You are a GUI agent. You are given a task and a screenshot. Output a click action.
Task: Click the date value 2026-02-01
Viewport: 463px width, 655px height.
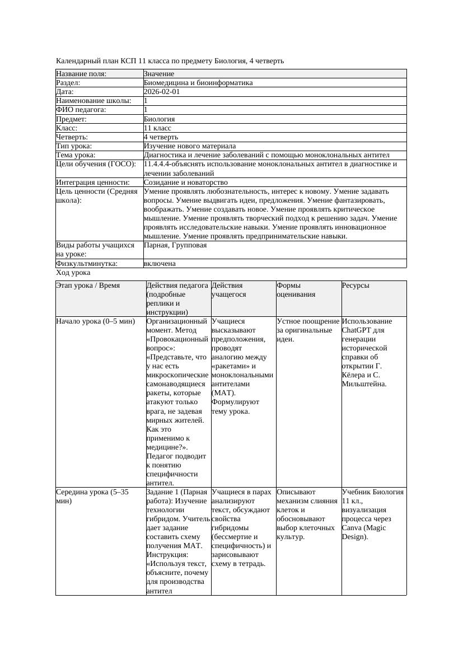tap(162, 92)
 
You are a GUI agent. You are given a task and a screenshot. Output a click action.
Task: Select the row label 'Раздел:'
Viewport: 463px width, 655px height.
tap(68, 83)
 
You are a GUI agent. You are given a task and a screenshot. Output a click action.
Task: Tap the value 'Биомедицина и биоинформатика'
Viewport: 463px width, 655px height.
tap(198, 83)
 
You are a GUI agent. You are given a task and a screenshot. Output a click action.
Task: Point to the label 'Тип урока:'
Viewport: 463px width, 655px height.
tap(74, 146)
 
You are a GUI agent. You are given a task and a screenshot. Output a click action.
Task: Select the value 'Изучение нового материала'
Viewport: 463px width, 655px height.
tap(189, 146)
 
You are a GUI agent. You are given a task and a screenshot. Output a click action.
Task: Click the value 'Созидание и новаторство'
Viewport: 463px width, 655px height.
tap(185, 183)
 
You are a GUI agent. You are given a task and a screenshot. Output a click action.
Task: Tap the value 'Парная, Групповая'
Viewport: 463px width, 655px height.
tap(175, 245)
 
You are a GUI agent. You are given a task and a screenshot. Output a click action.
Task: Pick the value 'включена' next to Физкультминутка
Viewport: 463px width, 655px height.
tap(160, 264)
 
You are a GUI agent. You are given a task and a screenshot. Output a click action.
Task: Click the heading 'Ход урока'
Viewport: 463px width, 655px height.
tap(73, 273)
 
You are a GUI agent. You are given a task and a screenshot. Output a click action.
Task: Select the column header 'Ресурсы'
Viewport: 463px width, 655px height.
tap(356, 286)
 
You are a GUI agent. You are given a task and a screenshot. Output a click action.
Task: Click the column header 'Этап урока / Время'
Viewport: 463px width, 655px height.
tap(87, 286)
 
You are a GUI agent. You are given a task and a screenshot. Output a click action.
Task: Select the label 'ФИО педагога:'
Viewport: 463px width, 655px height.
tap(81, 110)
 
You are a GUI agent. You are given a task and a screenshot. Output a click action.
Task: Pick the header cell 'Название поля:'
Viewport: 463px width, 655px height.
tap(81, 74)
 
